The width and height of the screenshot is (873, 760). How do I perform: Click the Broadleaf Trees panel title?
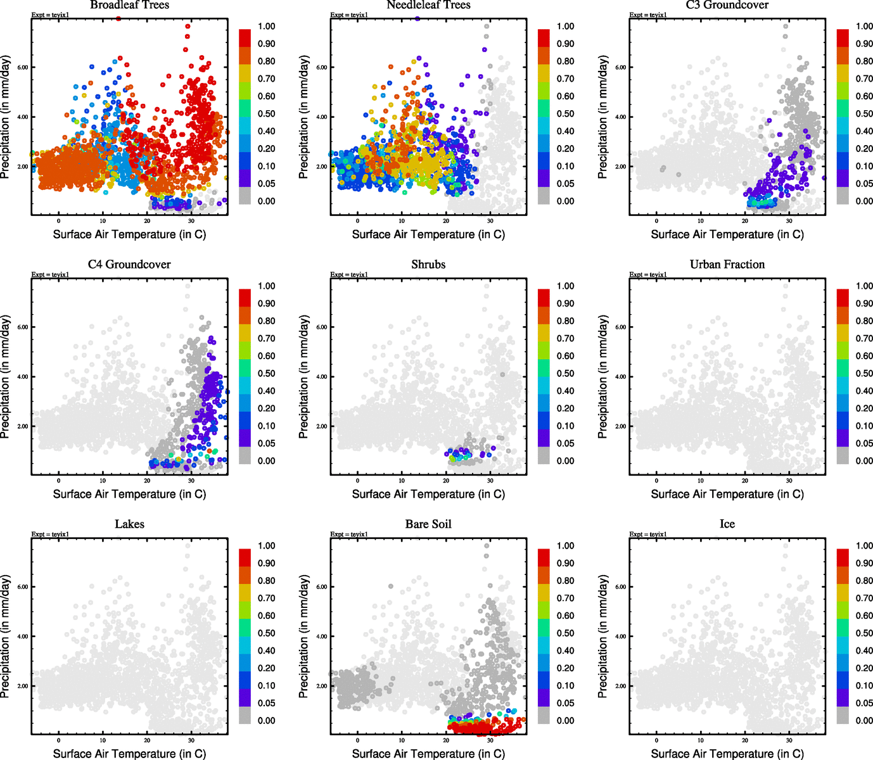tap(130, 5)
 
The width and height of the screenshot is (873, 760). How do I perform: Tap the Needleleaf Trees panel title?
tap(428, 5)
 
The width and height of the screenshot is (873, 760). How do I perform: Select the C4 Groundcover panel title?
tap(129, 264)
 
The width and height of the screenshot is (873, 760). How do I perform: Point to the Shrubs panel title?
tap(428, 264)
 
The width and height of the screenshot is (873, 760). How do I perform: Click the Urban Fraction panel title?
tap(727, 264)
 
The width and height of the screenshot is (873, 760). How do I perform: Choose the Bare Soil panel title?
tap(428, 524)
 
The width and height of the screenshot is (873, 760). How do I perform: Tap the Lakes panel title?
tap(129, 524)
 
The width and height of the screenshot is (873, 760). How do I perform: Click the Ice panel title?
tap(727, 524)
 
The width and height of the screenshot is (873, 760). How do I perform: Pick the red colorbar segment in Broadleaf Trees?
tap(245, 37)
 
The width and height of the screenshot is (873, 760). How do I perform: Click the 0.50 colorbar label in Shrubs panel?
tap(566, 374)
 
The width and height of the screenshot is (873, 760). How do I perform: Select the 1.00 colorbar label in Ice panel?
tap(864, 546)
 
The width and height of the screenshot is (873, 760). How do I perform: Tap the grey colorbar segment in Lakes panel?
tap(245, 716)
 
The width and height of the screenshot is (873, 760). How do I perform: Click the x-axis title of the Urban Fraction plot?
tap(727, 494)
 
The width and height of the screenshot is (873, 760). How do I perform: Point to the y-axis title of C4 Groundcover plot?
tap(6, 377)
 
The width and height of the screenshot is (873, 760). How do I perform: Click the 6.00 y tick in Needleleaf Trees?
tap(322, 67)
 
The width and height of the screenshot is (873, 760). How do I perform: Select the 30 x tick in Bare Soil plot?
tap(490, 740)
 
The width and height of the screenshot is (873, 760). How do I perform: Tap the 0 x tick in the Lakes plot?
tap(58, 740)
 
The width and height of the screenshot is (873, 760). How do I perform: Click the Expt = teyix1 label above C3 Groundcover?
tap(648, 15)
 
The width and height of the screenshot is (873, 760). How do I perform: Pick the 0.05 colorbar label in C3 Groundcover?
tap(864, 184)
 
